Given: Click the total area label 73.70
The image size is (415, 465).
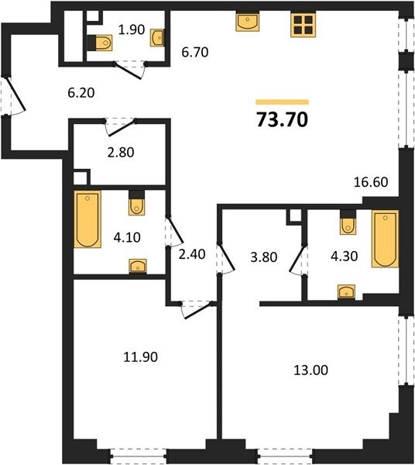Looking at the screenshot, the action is tap(283, 120).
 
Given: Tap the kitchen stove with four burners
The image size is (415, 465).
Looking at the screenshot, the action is tap(303, 25).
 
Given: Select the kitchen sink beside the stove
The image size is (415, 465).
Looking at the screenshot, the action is tap(248, 22).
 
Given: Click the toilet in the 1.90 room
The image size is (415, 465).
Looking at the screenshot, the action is tap(101, 43).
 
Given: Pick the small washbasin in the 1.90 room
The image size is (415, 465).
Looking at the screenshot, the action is tap(157, 38).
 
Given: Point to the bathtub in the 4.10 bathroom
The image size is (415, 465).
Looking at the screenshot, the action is tap(87, 219).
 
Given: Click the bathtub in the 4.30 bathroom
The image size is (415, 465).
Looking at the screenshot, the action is tap(385, 239).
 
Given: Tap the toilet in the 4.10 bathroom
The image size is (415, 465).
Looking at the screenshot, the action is tap(136, 202).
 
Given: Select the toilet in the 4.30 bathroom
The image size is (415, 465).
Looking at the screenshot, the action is tap(348, 222).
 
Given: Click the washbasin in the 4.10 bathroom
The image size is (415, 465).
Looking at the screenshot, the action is tap(138, 266).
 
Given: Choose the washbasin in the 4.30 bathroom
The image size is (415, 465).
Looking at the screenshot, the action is tap(347, 292).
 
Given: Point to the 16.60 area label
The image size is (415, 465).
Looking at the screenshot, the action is tap(371, 182).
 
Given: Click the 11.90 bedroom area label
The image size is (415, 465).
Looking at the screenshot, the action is tap(140, 356).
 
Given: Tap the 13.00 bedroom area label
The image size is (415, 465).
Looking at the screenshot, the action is tap(311, 370).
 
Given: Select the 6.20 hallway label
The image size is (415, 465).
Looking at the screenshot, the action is tap(81, 93).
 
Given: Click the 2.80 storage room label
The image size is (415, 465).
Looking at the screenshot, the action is tap(121, 153).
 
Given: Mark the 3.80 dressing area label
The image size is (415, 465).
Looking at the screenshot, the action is tap(264, 257).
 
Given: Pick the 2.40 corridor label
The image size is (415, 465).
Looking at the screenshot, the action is tap(192, 254).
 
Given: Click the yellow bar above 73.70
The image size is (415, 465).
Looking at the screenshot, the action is tap(283, 102).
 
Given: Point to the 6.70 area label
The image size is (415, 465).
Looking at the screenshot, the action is tap(195, 52).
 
